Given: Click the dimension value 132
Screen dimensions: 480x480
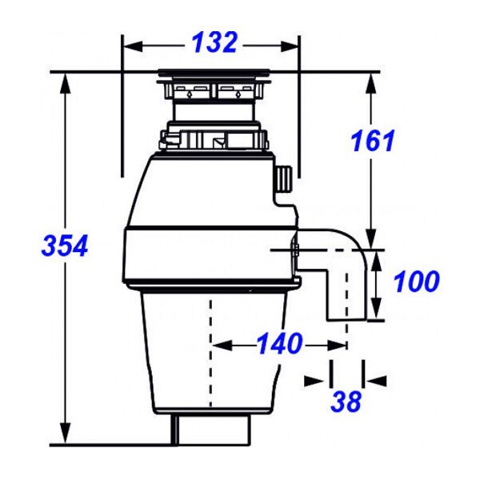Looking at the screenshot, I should pos(214,42).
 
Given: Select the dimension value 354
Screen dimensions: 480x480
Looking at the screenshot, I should pos(65,246).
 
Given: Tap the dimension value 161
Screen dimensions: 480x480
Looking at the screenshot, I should pos(373,142).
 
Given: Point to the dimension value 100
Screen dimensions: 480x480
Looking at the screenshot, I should pos(416,282).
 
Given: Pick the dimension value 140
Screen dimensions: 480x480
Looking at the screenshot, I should pos(279,345).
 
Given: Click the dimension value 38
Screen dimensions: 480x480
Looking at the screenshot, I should pos(346,401).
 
